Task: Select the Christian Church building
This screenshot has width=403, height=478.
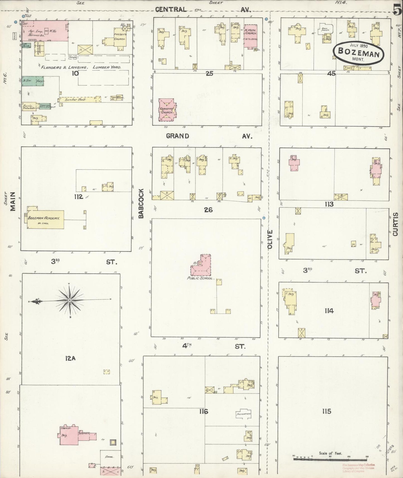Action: (x=167, y=110)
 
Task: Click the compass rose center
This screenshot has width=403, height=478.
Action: (x=70, y=300)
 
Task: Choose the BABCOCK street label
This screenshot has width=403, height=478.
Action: (x=141, y=203)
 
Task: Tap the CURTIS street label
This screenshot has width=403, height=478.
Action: (x=395, y=224)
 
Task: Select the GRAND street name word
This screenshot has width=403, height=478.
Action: (x=177, y=136)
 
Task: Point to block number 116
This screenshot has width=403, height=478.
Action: (x=204, y=411)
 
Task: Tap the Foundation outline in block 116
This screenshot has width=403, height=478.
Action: (x=243, y=414)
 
